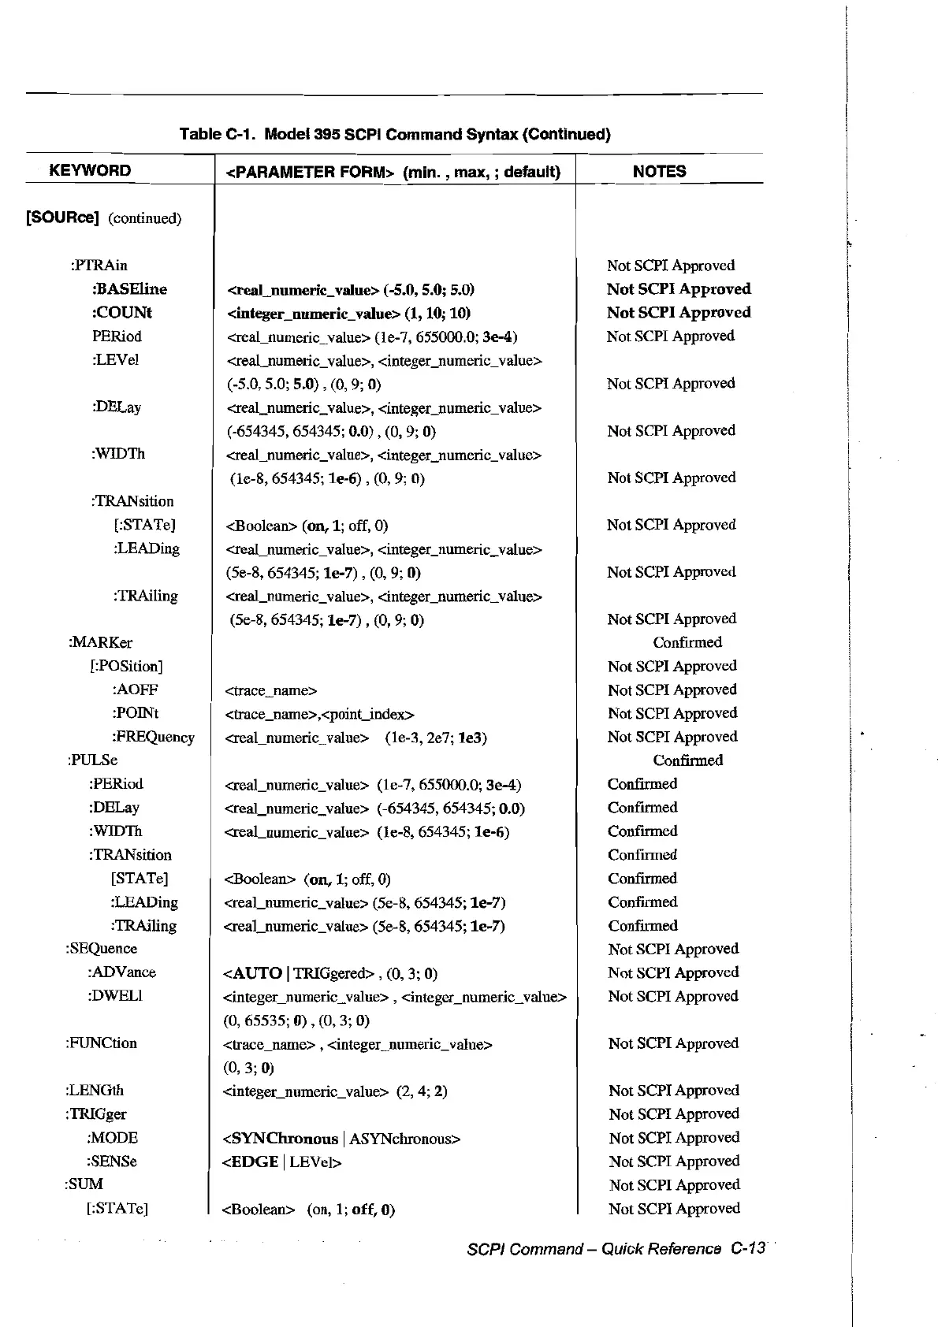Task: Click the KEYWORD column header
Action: [90, 171]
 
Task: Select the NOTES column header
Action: [659, 172]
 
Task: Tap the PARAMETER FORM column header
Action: [393, 172]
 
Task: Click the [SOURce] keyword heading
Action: [63, 217]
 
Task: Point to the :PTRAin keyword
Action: [99, 265]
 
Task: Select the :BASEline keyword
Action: [129, 288]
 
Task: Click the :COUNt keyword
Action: [122, 312]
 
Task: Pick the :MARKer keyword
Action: [100, 642]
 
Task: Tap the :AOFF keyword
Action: [135, 690]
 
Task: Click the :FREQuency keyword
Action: [153, 737]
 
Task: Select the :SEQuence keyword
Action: [101, 948]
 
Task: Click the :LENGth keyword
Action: [95, 1090]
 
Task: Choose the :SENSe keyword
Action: [112, 1161]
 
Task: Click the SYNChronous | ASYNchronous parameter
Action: [341, 1138]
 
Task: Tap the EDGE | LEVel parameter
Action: [281, 1162]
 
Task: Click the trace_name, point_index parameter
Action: [319, 714]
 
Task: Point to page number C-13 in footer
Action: [747, 1248]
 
